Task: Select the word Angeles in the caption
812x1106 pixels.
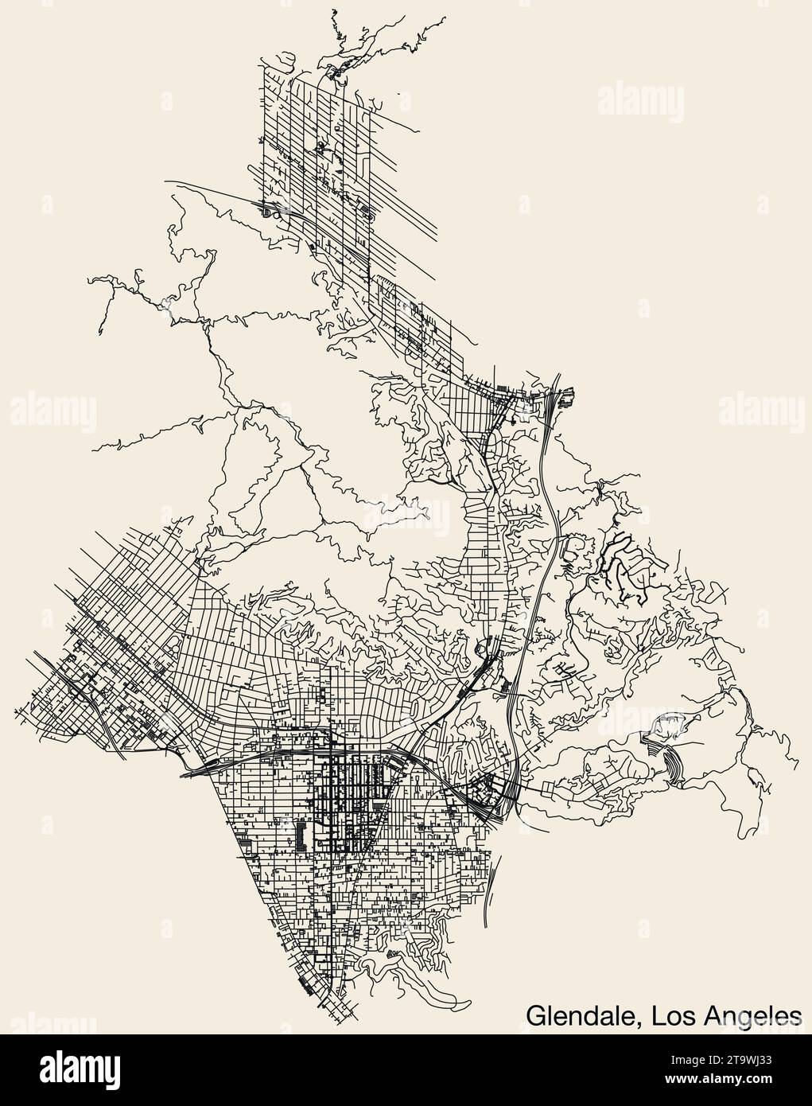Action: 749,1013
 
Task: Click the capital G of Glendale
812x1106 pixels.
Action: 534,1013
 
